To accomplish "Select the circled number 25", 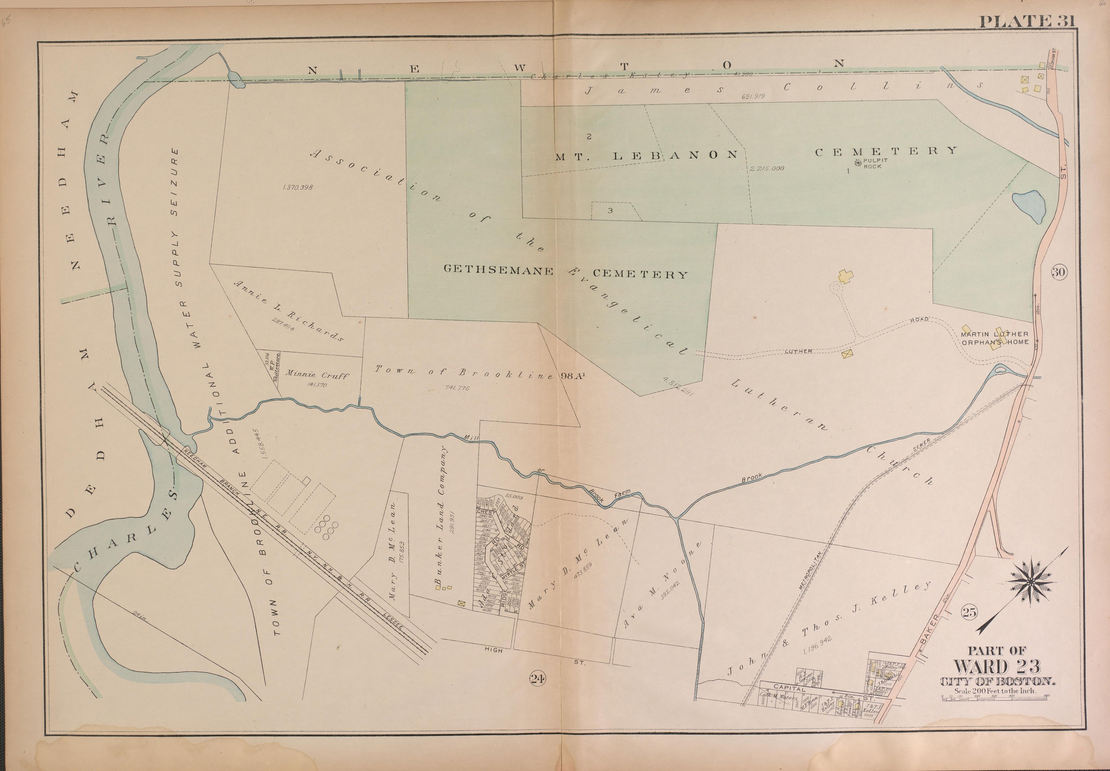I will pyautogui.click(x=969, y=613).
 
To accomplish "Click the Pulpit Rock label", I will pyautogui.click(x=874, y=163).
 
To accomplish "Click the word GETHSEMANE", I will pyautogui.click(x=498, y=271).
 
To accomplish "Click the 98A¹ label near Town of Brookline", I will pyautogui.click(x=573, y=376).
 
